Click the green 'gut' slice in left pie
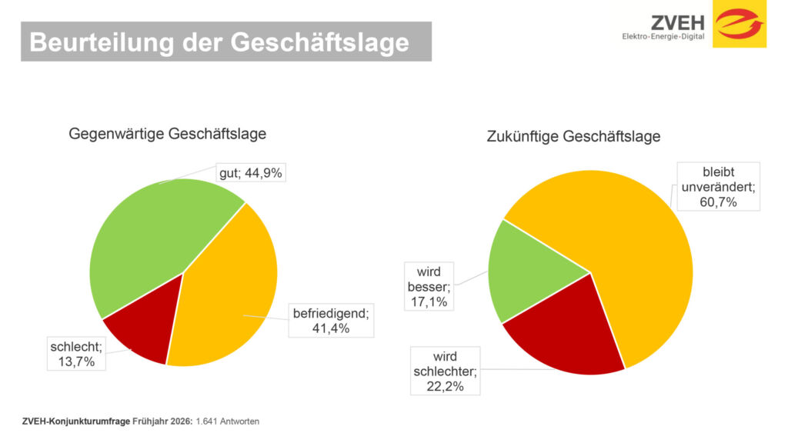pyautogui.click(x=154, y=238)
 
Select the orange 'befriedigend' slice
pyautogui.click(x=227, y=292)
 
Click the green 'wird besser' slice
pyautogui.click(x=531, y=273)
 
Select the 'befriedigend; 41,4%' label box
pyautogui.click(x=331, y=321)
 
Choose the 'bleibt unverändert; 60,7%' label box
pyautogui.click(x=719, y=185)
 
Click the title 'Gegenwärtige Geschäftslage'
pyautogui.click(x=168, y=134)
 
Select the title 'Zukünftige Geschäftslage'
pyautogui.click(x=573, y=137)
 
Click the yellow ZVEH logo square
pyautogui.click(x=739, y=24)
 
